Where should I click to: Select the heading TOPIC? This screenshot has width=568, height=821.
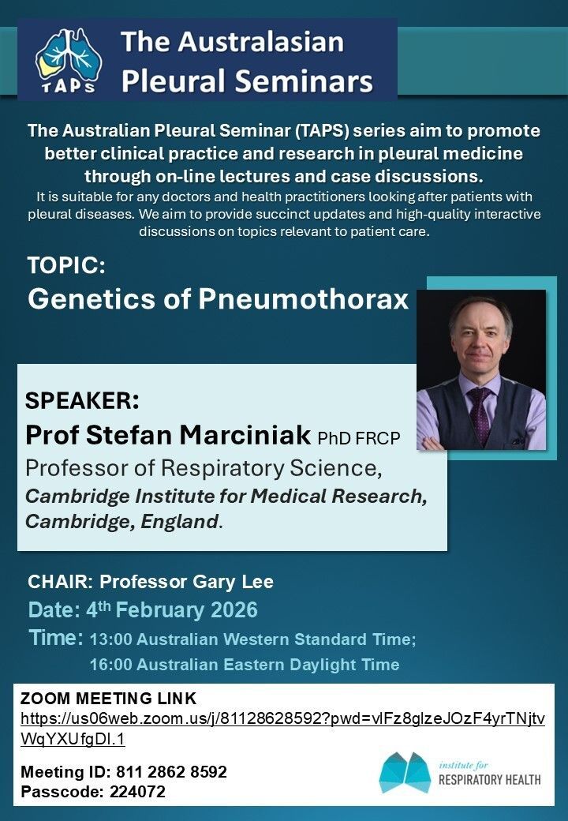(66, 266)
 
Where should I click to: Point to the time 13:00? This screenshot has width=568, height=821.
(110, 640)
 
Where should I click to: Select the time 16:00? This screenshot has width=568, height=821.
(110, 665)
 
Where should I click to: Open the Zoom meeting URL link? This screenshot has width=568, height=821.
(282, 720)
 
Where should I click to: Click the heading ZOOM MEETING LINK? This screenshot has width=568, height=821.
(108, 699)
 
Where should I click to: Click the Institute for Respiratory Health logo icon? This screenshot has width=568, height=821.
(405, 773)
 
